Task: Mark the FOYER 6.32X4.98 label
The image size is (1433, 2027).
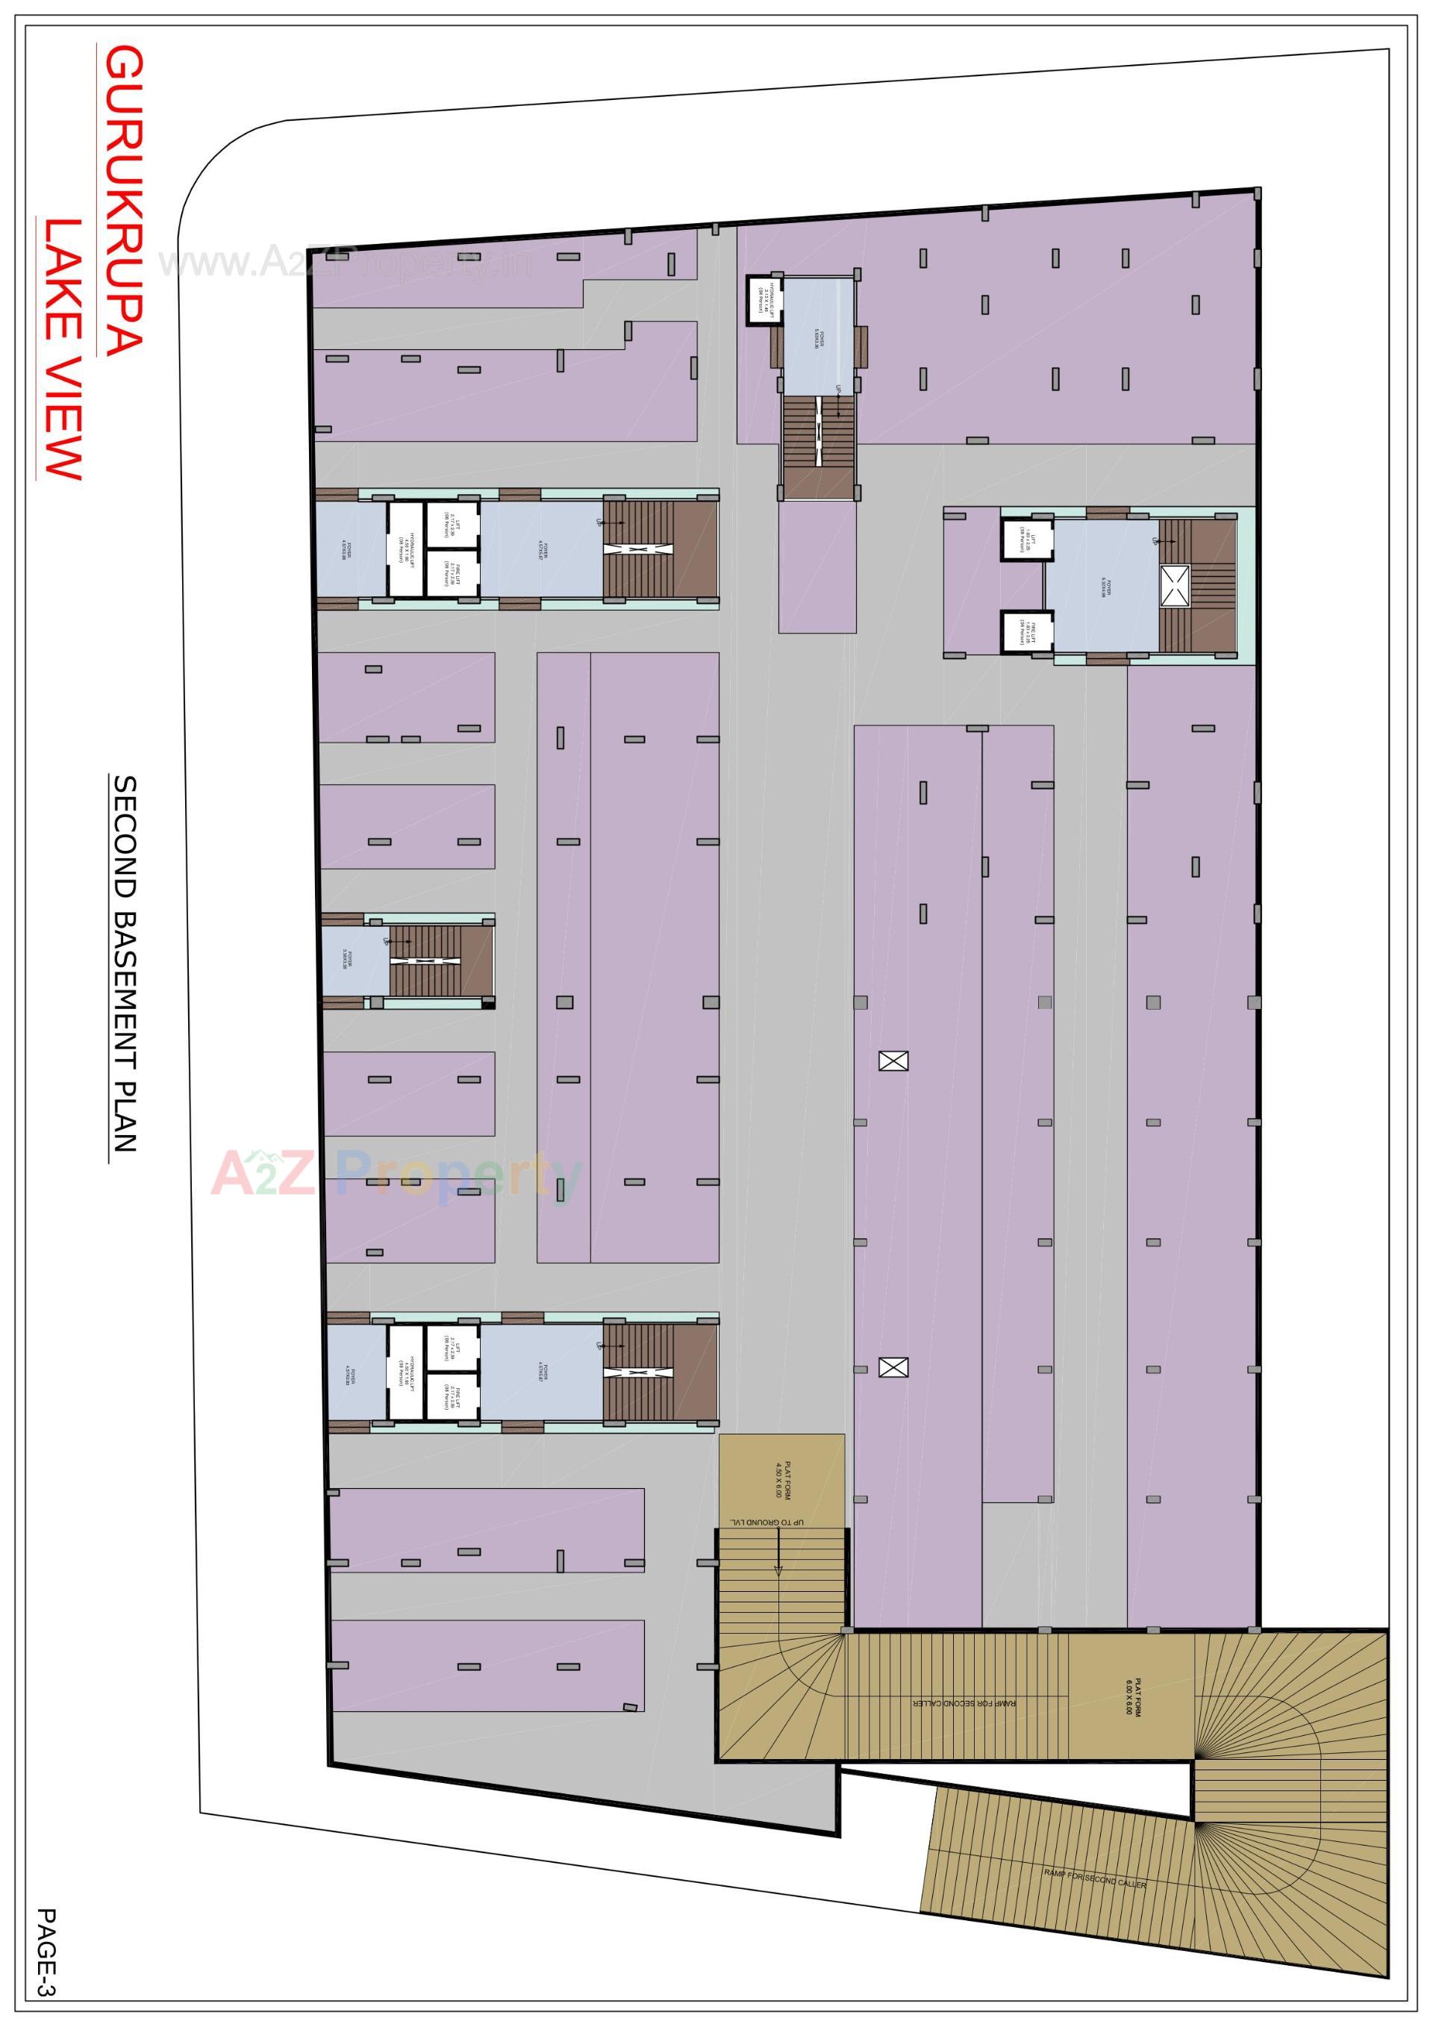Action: coord(1103,587)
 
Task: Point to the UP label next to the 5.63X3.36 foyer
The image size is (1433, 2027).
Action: coord(839,390)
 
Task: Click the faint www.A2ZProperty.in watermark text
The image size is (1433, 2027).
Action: coord(344,262)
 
